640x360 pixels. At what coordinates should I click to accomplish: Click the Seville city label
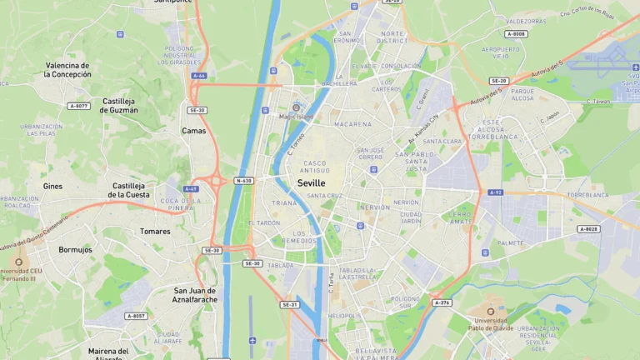point(312,182)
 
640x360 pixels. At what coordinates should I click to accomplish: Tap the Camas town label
point(193,131)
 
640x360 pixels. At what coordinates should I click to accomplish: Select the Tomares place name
point(155,231)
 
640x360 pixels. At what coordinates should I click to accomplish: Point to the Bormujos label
point(75,249)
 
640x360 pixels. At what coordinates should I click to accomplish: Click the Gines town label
point(52,186)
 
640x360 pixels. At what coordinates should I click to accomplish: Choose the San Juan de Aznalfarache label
point(194,295)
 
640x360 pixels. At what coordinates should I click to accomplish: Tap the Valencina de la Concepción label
point(67,69)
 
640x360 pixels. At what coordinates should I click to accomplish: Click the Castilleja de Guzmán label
point(118,105)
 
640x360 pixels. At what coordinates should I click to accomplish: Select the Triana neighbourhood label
point(284,202)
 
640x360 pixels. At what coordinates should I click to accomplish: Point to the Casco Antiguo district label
point(316,167)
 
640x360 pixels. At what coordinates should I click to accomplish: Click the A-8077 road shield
point(79,106)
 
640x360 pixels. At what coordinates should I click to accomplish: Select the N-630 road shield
point(243,180)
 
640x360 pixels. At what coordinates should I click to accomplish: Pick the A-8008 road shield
point(516,34)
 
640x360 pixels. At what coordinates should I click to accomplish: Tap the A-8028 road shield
point(588,228)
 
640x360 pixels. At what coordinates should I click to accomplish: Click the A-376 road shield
point(442,302)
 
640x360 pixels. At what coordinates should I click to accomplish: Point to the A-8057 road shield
point(135,316)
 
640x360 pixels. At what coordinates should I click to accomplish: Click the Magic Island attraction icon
point(296,107)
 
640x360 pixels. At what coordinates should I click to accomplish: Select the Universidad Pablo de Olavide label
point(491,324)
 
